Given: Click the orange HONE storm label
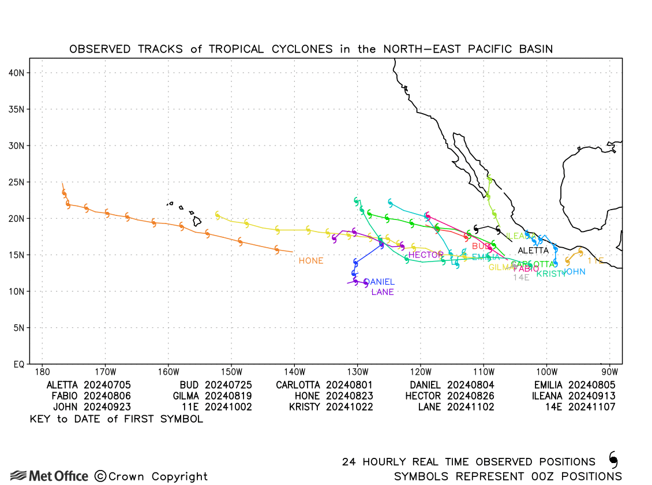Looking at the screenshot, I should tap(311, 261).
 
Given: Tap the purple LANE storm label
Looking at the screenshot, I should tap(383, 292).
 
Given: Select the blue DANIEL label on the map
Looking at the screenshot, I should tap(379, 282).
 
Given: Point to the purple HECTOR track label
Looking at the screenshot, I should tap(426, 255).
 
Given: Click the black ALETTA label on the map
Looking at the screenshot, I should tap(533, 251).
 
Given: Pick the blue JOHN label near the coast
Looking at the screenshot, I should tap(574, 272).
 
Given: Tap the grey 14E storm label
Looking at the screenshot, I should tap(521, 277).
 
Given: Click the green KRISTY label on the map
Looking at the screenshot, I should tap(551, 274).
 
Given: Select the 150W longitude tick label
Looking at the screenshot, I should tap(231, 372).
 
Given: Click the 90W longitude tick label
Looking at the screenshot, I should tap(609, 372).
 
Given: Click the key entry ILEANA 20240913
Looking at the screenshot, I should tap(574, 396).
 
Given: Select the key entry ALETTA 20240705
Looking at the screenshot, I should tap(89, 385).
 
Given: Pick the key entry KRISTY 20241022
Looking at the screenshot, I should tap(331, 407).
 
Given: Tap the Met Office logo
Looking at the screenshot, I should tap(50, 476).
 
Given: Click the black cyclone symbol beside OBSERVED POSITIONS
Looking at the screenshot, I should tap(613, 460).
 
